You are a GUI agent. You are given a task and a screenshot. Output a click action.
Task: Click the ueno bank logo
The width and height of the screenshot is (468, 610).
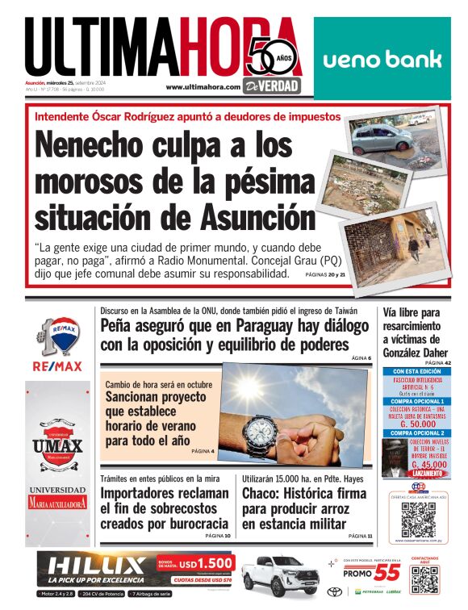pos(382,59)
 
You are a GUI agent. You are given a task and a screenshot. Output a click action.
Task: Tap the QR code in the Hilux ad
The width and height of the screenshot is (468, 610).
pos(424,579)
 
